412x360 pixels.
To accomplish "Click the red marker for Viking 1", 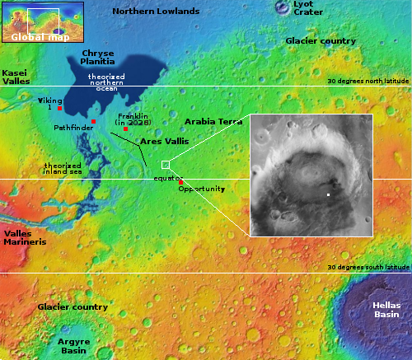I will pos(59,109).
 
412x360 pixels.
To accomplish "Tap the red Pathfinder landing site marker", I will pos(93,122).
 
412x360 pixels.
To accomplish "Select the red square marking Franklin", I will pos(125,129).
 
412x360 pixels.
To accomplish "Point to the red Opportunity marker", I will pos(180,182).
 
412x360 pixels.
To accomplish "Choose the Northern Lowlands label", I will pos(156,12).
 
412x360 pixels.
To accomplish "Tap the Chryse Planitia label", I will pos(97,57).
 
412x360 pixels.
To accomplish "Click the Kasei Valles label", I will pos(16,77).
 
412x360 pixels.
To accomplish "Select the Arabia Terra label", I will pos(213,122).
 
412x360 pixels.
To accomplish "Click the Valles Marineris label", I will pos(24,239).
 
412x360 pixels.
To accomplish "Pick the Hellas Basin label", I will pos(384,310).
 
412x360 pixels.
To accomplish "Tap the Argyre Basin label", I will pos(73,344).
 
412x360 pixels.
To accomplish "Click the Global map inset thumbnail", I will pos(43,21).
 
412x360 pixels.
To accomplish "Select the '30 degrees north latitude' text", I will pos(368,82).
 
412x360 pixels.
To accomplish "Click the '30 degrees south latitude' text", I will pos(368,268).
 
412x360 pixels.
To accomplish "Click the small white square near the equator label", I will pos(165,165).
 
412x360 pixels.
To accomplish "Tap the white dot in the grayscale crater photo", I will pos(329,194).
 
